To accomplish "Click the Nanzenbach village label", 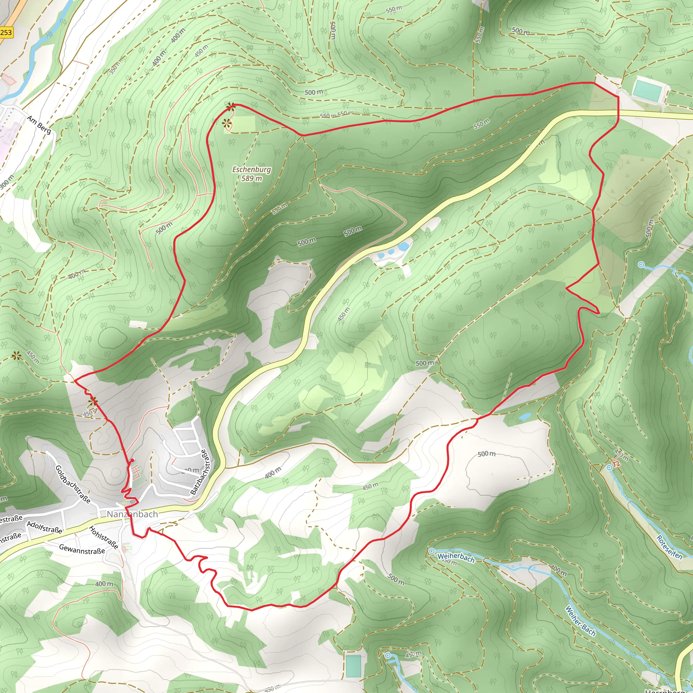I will point(132,514).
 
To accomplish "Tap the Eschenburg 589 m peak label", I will point(251,174).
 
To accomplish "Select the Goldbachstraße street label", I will point(72,484).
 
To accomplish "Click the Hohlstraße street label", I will point(103,538).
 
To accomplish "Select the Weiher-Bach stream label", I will point(580,621).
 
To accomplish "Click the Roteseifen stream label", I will point(669,547).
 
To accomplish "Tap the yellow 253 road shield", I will point(6,32).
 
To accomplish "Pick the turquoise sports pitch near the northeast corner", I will point(647,90).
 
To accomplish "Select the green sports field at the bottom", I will point(353,666).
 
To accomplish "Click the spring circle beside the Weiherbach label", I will point(432,551).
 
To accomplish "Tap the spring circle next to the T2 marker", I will point(609,468).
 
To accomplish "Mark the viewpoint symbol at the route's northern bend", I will point(231,106).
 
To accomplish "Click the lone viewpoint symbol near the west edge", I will point(16,356).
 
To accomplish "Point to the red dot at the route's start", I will point(132,460).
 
